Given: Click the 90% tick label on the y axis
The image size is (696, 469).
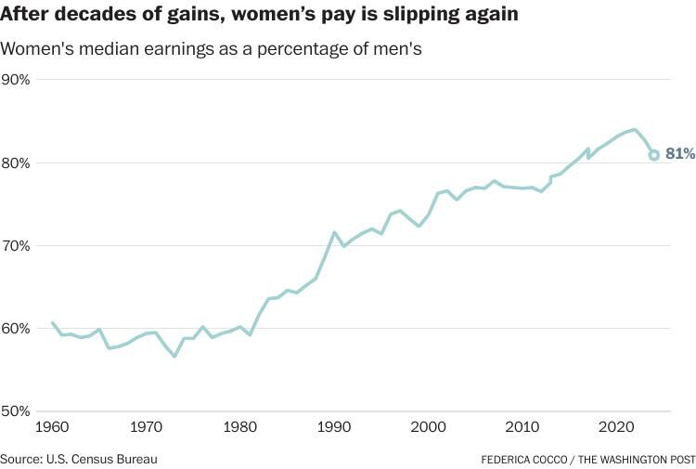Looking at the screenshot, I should [x=16, y=80].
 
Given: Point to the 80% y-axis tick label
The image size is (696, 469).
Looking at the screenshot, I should [x=16, y=163].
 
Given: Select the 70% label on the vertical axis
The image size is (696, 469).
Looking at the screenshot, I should [x=16, y=246].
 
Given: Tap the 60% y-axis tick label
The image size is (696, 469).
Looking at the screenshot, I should [x=16, y=329].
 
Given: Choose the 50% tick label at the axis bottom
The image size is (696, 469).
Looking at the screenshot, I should [x=16, y=411].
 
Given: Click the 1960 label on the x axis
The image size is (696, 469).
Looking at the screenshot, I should [x=51, y=428].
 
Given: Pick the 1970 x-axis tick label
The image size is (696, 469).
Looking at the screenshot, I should [x=146, y=428].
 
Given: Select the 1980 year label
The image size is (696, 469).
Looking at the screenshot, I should [x=240, y=428].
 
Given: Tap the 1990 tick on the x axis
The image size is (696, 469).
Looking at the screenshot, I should [x=334, y=428].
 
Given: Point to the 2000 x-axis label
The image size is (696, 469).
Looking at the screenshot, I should [x=429, y=428].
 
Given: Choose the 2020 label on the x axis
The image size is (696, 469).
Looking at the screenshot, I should [x=617, y=428].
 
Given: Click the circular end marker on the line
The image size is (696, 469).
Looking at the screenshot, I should [x=653, y=155].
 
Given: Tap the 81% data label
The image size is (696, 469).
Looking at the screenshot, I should [x=679, y=154].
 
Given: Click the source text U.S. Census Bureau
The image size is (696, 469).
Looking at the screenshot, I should [x=103, y=459].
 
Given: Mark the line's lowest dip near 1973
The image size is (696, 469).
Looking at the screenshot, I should [x=174, y=356].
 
